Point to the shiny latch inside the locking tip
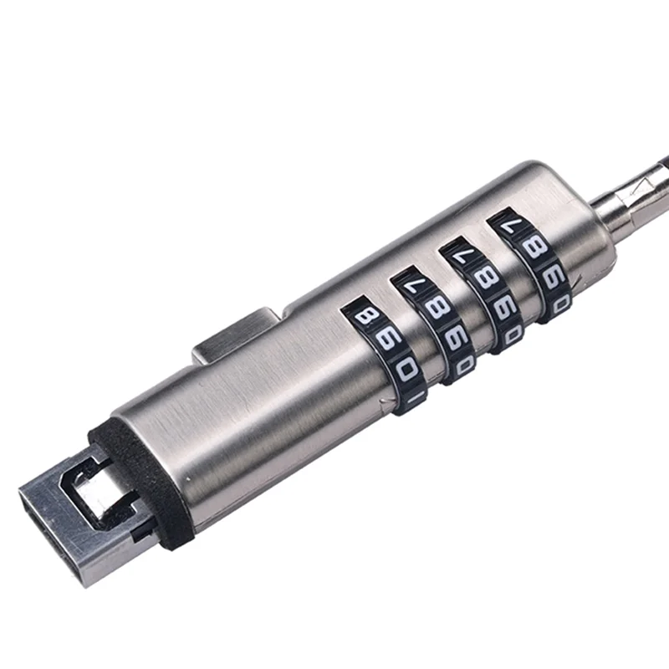click(x=96, y=493)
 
